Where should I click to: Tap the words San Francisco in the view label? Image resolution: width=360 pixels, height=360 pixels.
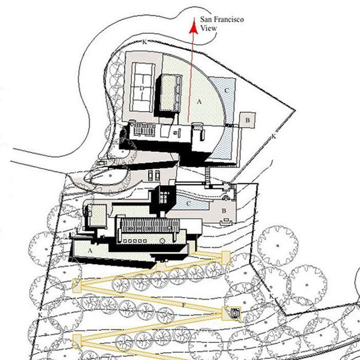[222, 20]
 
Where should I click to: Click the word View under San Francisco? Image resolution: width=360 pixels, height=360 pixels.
[208, 28]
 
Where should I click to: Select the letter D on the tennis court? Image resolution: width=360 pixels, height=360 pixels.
[141, 88]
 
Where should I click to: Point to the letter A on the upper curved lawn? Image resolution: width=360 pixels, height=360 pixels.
[200, 101]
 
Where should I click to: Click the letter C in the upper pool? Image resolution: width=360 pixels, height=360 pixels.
[226, 91]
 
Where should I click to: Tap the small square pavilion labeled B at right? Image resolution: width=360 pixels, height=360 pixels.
[247, 120]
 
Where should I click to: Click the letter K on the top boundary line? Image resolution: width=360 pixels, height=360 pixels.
[145, 42]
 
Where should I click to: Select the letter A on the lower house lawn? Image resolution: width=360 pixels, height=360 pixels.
[90, 250]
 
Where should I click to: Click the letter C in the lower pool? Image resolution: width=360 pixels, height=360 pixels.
[188, 204]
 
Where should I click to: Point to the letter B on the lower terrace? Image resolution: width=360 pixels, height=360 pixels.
[224, 210]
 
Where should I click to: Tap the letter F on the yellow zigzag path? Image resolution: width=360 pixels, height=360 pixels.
[183, 305]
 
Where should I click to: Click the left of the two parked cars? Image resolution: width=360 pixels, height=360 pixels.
[150, 176]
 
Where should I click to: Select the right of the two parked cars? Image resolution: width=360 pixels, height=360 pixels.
[157, 176]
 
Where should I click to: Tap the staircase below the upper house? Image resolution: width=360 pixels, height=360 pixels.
[208, 175]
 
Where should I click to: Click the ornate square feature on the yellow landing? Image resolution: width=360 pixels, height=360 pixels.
[235, 313]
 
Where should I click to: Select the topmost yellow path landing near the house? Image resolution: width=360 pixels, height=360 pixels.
[226, 258]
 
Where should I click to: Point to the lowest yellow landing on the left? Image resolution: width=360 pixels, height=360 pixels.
[77, 341]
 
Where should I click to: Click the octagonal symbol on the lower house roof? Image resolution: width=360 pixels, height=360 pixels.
[163, 241]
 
